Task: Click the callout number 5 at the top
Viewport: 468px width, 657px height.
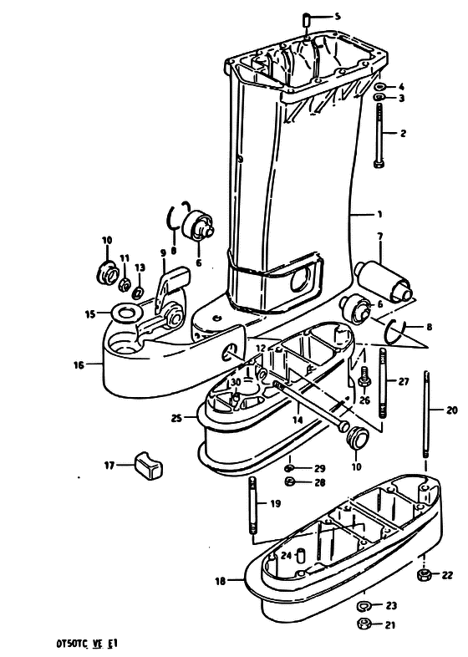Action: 338,17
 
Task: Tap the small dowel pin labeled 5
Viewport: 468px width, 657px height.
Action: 306,20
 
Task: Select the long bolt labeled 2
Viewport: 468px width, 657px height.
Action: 379,135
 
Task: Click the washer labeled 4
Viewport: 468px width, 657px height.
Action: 380,87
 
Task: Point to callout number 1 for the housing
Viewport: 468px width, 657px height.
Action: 379,215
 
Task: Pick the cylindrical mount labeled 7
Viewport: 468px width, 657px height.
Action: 384,282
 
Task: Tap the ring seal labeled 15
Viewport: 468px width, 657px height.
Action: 125,313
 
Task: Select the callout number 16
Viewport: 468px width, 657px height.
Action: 79,365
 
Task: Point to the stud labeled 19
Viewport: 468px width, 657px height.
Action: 252,505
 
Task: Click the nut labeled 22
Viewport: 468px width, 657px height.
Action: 424,575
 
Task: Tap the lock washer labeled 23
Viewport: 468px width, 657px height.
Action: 364,605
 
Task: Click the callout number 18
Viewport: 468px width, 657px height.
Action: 221,581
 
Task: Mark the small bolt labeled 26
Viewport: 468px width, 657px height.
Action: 364,377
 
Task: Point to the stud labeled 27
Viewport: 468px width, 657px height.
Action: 383,383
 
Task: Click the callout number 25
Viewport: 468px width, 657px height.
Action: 177,418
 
